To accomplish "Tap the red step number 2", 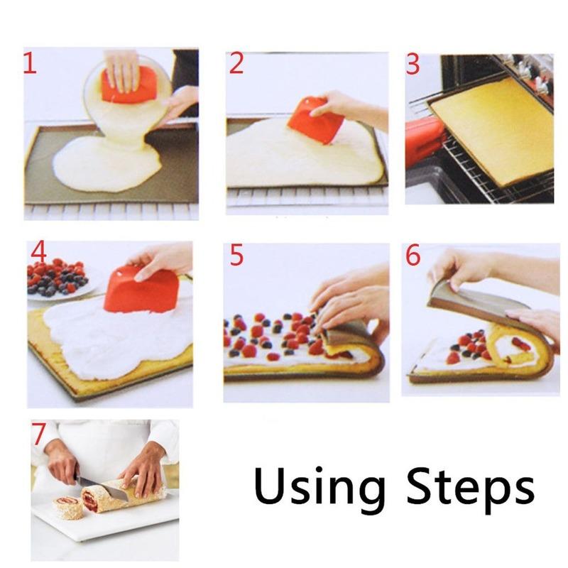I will point(236,65).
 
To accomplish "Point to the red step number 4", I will point(38,253).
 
